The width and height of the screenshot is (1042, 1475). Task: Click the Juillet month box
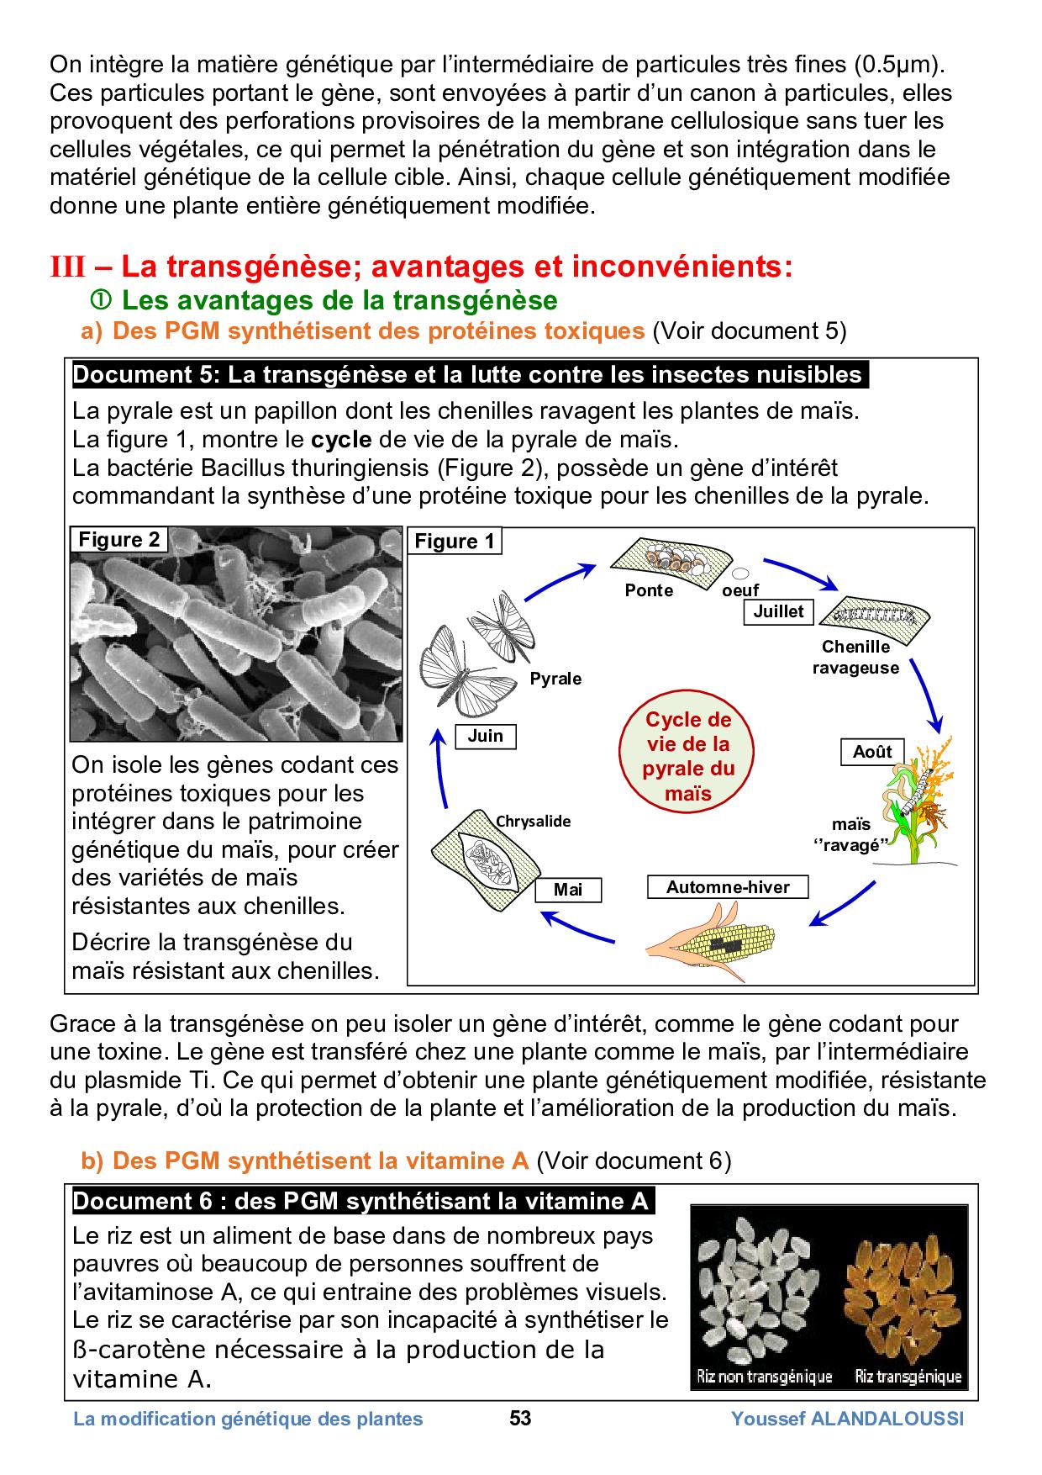[x=778, y=611]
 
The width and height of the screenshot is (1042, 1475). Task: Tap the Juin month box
[x=485, y=736]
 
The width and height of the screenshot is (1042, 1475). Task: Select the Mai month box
[x=568, y=890]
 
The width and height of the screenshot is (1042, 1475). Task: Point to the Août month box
[x=872, y=752]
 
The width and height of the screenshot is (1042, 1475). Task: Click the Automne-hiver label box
[x=728, y=887]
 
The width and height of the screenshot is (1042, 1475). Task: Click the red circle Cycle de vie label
[x=687, y=756]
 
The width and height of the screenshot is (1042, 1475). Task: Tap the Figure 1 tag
[x=455, y=541]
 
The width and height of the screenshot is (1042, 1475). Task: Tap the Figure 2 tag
[x=118, y=540]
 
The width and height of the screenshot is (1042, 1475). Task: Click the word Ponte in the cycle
[x=649, y=590]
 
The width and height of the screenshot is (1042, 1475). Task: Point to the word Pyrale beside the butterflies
[x=555, y=678]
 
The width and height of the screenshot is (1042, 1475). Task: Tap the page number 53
[x=520, y=1419]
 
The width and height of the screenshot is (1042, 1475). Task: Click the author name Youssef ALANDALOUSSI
[x=847, y=1419]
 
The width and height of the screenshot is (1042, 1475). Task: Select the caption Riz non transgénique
[x=764, y=1377]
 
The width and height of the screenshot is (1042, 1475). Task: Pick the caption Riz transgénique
[x=908, y=1377]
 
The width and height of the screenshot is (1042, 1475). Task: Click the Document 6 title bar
[x=361, y=1201]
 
